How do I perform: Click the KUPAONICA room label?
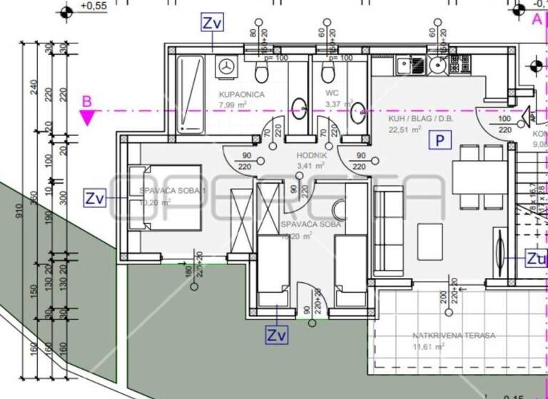pyautogui.click(x=242, y=95)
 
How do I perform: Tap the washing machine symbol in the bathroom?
pyautogui.click(x=228, y=66)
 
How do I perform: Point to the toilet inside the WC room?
pyautogui.click(x=328, y=73)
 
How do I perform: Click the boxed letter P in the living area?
pyautogui.click(x=440, y=140)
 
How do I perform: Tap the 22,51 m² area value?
pyautogui.click(x=404, y=130)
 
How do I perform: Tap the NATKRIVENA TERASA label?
pyautogui.click(x=444, y=335)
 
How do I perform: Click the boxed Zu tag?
pyautogui.click(x=536, y=257)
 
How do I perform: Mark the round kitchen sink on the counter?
pyautogui.click(x=437, y=66)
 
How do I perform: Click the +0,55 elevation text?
pyautogui.click(x=93, y=6)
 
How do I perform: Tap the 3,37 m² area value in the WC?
pyautogui.click(x=339, y=104)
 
